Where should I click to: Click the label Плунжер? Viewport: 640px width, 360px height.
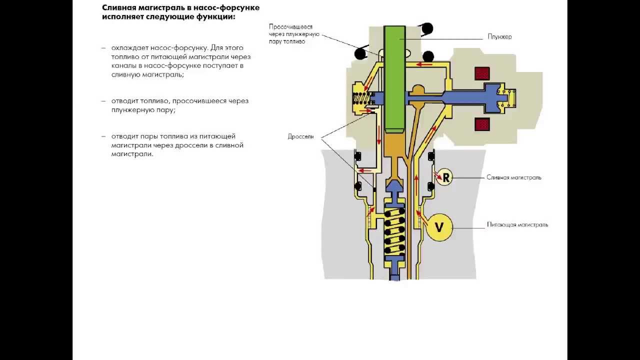499,37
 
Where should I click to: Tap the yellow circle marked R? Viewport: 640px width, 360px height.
444,177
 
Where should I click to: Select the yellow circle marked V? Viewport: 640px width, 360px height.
439,227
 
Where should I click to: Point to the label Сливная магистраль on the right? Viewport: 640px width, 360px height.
513,177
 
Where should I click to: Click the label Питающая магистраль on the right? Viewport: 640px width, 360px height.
517,225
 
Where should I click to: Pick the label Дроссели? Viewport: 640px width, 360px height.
300,136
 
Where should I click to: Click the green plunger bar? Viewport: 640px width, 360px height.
394,80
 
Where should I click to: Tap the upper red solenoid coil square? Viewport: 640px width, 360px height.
482,73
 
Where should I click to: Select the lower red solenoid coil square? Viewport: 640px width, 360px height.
482,124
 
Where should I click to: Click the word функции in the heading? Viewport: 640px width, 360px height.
214,16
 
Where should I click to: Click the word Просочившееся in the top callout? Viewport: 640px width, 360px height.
290,26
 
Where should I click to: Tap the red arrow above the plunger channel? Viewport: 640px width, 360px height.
425,64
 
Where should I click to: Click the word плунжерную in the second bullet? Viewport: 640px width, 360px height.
129,110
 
